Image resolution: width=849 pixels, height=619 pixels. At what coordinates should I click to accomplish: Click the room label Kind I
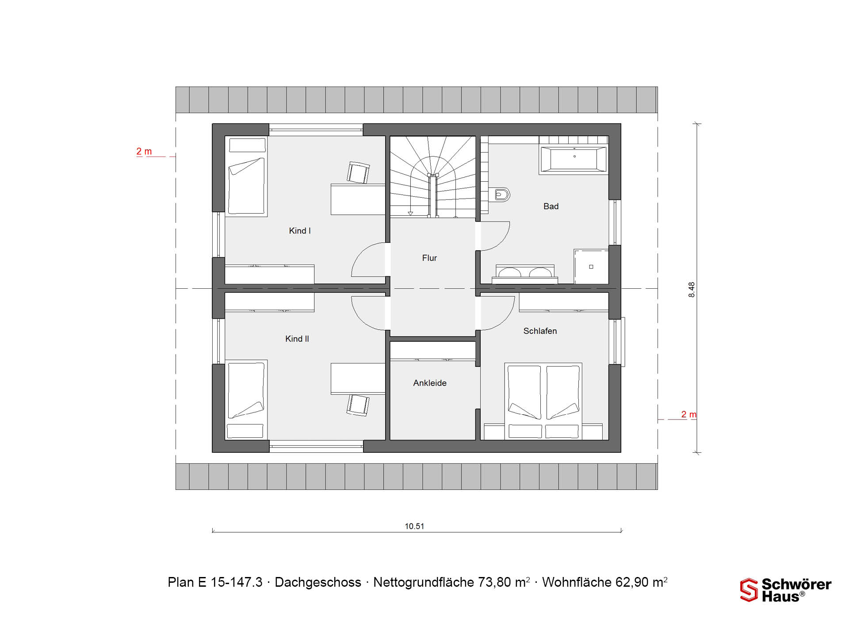tap(300, 231)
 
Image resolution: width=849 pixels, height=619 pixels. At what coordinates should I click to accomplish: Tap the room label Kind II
tap(297, 339)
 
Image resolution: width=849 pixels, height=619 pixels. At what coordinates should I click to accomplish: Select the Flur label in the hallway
tap(429, 258)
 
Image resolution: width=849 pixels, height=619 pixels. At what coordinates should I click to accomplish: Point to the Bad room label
tap(551, 206)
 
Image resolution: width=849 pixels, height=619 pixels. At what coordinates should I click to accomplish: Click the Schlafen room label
tap(540, 331)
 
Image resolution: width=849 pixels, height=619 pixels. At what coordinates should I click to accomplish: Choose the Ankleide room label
tap(430, 383)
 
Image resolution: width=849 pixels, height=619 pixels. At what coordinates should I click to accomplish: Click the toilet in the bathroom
tap(501, 195)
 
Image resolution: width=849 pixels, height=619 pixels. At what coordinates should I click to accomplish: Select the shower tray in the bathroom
tap(591, 267)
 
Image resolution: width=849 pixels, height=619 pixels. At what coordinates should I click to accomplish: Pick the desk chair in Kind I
tap(358, 172)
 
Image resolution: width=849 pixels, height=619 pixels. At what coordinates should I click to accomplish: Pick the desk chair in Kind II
tap(358, 405)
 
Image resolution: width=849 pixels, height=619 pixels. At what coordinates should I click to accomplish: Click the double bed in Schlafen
tap(543, 401)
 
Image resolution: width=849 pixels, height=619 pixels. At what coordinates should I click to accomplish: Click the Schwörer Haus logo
tap(786, 590)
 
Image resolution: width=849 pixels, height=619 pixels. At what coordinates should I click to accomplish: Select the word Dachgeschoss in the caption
tap(318, 582)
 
